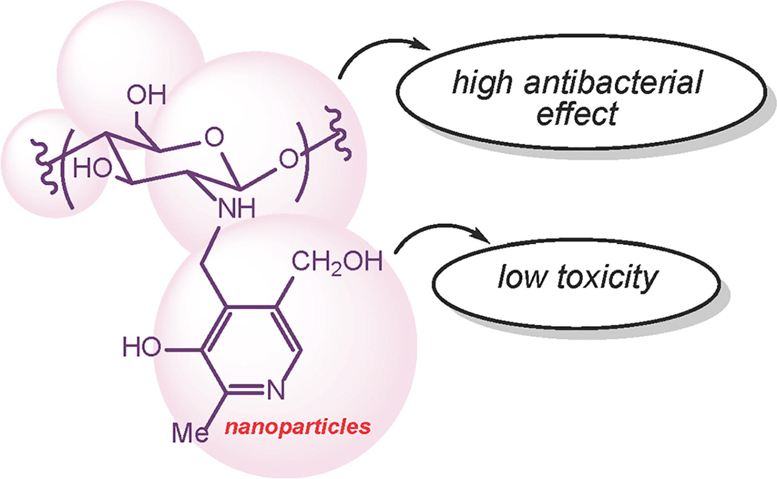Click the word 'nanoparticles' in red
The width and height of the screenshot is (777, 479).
point(298,427)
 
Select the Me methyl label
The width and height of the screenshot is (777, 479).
point(190,433)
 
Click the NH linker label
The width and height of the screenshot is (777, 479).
point(236,208)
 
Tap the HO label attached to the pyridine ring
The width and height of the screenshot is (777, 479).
point(142,347)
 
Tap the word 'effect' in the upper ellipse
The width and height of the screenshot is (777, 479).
point(577,114)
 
